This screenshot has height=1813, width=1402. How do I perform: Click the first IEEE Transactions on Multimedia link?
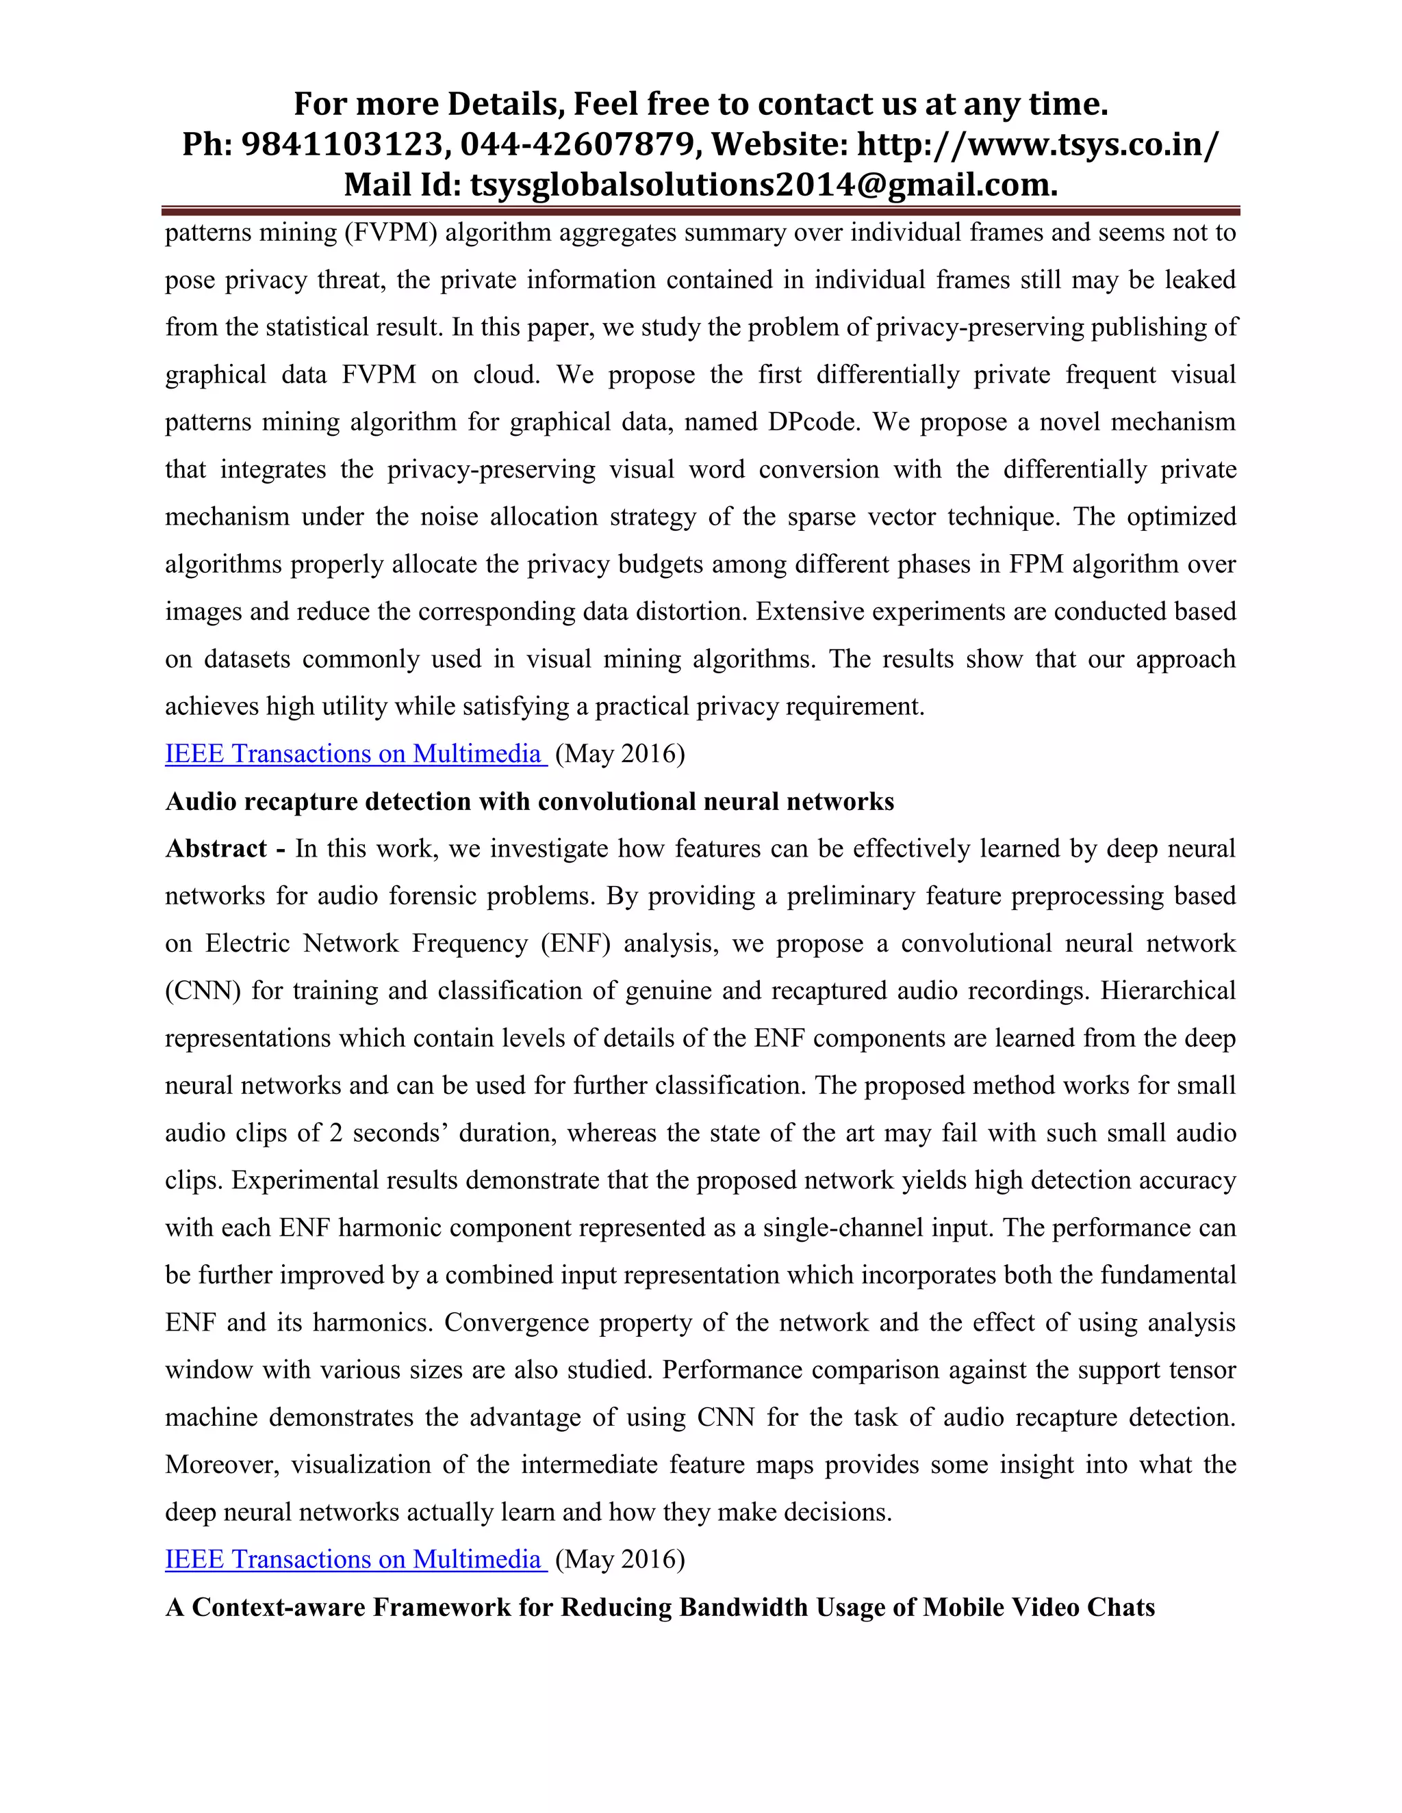pos(355,754)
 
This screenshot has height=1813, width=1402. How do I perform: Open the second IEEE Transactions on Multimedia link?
pos(355,1560)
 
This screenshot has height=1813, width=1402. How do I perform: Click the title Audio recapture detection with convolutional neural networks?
pos(529,801)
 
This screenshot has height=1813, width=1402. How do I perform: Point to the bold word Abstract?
pos(216,848)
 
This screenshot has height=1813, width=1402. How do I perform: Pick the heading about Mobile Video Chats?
pos(659,1607)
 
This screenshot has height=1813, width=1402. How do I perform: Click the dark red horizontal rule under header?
pos(700,211)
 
